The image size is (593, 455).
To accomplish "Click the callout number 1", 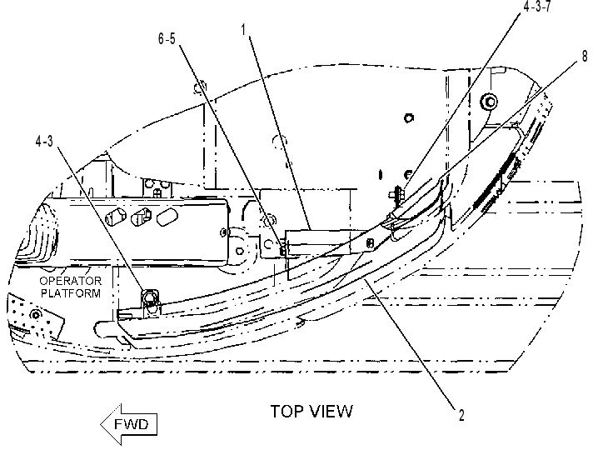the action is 244,29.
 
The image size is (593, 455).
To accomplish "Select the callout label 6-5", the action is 167,38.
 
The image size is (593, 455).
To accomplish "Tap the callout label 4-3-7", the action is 537,6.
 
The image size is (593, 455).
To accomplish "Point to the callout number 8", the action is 585,57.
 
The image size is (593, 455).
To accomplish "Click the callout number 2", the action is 461,415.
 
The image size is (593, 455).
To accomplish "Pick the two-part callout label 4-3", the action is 44,142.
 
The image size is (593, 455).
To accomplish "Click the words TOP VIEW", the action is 311,412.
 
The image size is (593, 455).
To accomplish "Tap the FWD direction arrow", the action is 129,424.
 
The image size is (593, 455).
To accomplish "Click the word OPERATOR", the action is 71,281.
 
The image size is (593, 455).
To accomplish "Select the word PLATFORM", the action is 71,293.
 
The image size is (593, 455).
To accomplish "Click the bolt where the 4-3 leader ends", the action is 151,297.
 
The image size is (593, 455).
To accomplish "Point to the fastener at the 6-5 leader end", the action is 282,250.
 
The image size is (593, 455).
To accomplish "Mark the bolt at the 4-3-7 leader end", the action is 396,193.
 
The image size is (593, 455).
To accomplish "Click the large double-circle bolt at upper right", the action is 489,102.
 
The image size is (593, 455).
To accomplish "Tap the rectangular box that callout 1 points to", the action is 318,242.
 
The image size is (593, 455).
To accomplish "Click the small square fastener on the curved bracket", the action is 371,242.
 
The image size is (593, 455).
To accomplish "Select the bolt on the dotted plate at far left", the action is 36,314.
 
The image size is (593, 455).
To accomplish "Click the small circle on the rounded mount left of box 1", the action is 239,250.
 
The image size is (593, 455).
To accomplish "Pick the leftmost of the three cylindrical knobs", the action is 116,217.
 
